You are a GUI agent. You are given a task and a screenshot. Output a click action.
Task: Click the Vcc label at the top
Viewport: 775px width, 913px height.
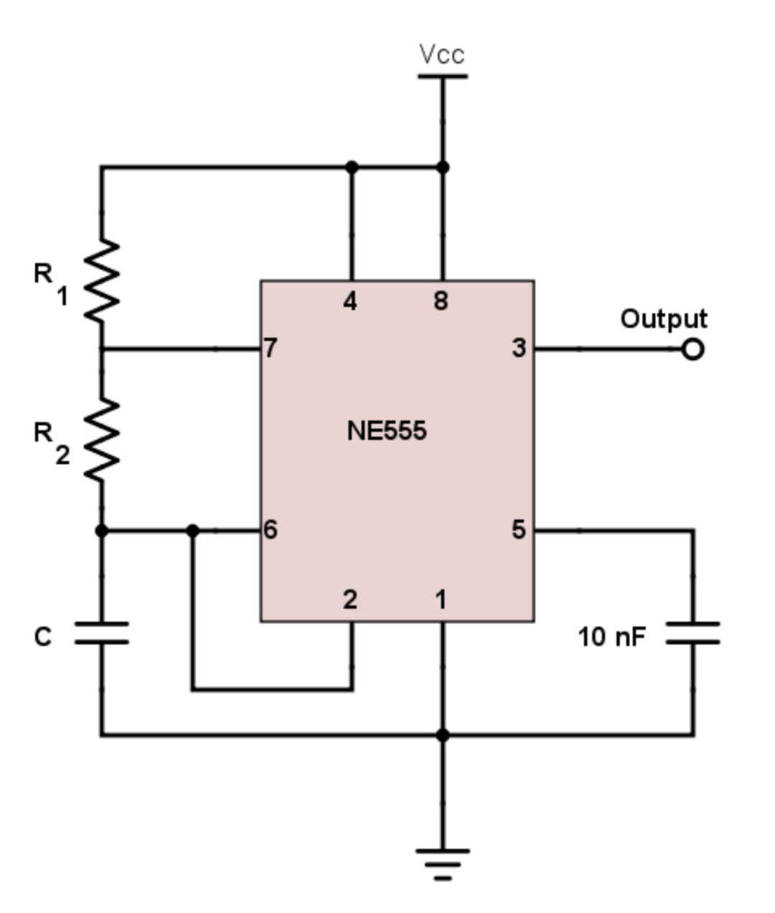442,55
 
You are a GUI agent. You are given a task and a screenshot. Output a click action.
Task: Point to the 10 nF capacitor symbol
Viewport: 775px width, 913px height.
692,633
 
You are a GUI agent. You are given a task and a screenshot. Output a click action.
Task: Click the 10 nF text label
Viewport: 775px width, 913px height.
611,636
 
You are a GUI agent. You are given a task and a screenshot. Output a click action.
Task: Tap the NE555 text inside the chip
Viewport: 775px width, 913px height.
386,431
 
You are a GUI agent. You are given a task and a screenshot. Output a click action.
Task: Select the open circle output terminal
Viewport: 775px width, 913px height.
692,349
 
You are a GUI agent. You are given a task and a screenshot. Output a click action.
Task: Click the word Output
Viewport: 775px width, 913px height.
663,318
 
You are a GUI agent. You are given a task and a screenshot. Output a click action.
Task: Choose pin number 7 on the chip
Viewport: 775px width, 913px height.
270,349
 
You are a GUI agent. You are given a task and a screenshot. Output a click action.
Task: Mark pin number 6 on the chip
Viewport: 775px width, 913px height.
270,530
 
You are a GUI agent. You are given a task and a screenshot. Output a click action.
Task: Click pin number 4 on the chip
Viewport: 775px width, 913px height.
349,302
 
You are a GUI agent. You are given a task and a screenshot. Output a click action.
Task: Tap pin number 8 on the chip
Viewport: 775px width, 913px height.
441,302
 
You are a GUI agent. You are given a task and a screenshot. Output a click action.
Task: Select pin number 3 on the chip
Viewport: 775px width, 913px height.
518,349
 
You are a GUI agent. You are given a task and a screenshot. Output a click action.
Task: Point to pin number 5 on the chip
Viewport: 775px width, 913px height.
518,530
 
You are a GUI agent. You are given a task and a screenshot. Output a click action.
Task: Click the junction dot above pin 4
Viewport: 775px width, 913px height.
352,167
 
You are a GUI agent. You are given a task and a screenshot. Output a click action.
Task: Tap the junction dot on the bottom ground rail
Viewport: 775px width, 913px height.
443,735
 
